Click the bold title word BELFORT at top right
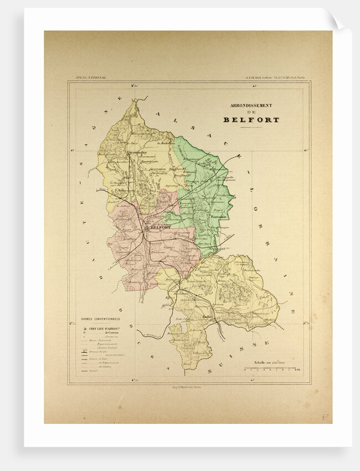tap(251, 120)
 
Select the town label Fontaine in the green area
tap(217, 217)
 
